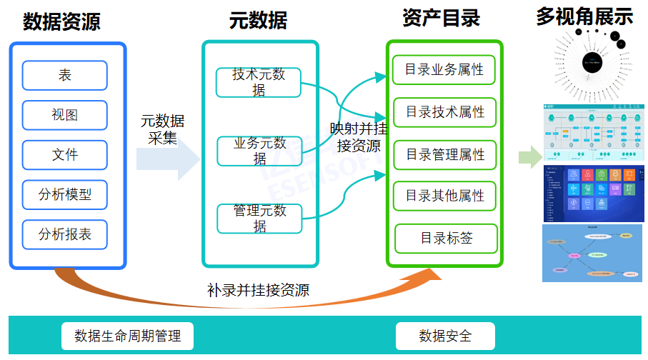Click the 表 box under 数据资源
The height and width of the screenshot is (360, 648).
65,75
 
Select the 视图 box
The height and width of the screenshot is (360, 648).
65,115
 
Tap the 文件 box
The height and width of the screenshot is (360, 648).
65,154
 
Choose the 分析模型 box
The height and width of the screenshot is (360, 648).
65,194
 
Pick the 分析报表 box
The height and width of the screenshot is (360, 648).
65,234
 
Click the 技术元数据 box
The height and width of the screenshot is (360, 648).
259,81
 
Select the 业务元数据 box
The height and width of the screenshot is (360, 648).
259,151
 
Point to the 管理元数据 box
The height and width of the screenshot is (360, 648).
259,218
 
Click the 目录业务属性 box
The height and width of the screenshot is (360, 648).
444,70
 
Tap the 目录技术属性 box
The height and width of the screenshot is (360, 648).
444,112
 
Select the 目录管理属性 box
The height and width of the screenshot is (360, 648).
444,154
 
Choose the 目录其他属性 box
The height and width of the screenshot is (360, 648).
444,196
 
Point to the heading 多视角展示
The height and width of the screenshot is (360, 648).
584,16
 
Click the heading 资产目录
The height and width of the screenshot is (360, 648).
441,18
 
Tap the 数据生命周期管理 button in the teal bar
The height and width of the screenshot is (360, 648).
128,335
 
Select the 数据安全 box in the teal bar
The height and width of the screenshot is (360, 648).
445,335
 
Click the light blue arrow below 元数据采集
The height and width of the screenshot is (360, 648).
169,159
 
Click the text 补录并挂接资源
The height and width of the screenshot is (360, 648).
258,290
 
